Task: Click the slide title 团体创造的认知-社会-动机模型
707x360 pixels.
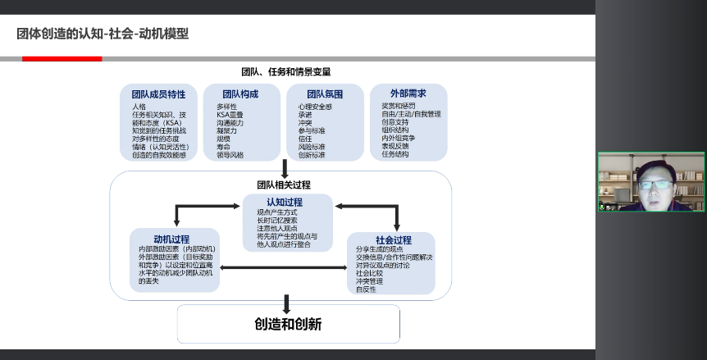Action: [103, 34]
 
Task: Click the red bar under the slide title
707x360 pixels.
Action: [62, 59]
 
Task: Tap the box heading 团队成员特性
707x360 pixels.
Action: [158, 94]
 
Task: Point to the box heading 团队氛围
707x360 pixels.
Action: [325, 94]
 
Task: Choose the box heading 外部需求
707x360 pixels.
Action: [408, 93]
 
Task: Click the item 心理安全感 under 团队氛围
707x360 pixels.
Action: [315, 107]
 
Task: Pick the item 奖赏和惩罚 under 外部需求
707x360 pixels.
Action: [399, 106]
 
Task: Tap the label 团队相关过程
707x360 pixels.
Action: [284, 185]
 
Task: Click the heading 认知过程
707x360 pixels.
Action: [285, 202]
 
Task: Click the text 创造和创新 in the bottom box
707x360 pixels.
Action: [288, 324]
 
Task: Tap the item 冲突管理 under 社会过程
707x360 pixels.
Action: [369, 281]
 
